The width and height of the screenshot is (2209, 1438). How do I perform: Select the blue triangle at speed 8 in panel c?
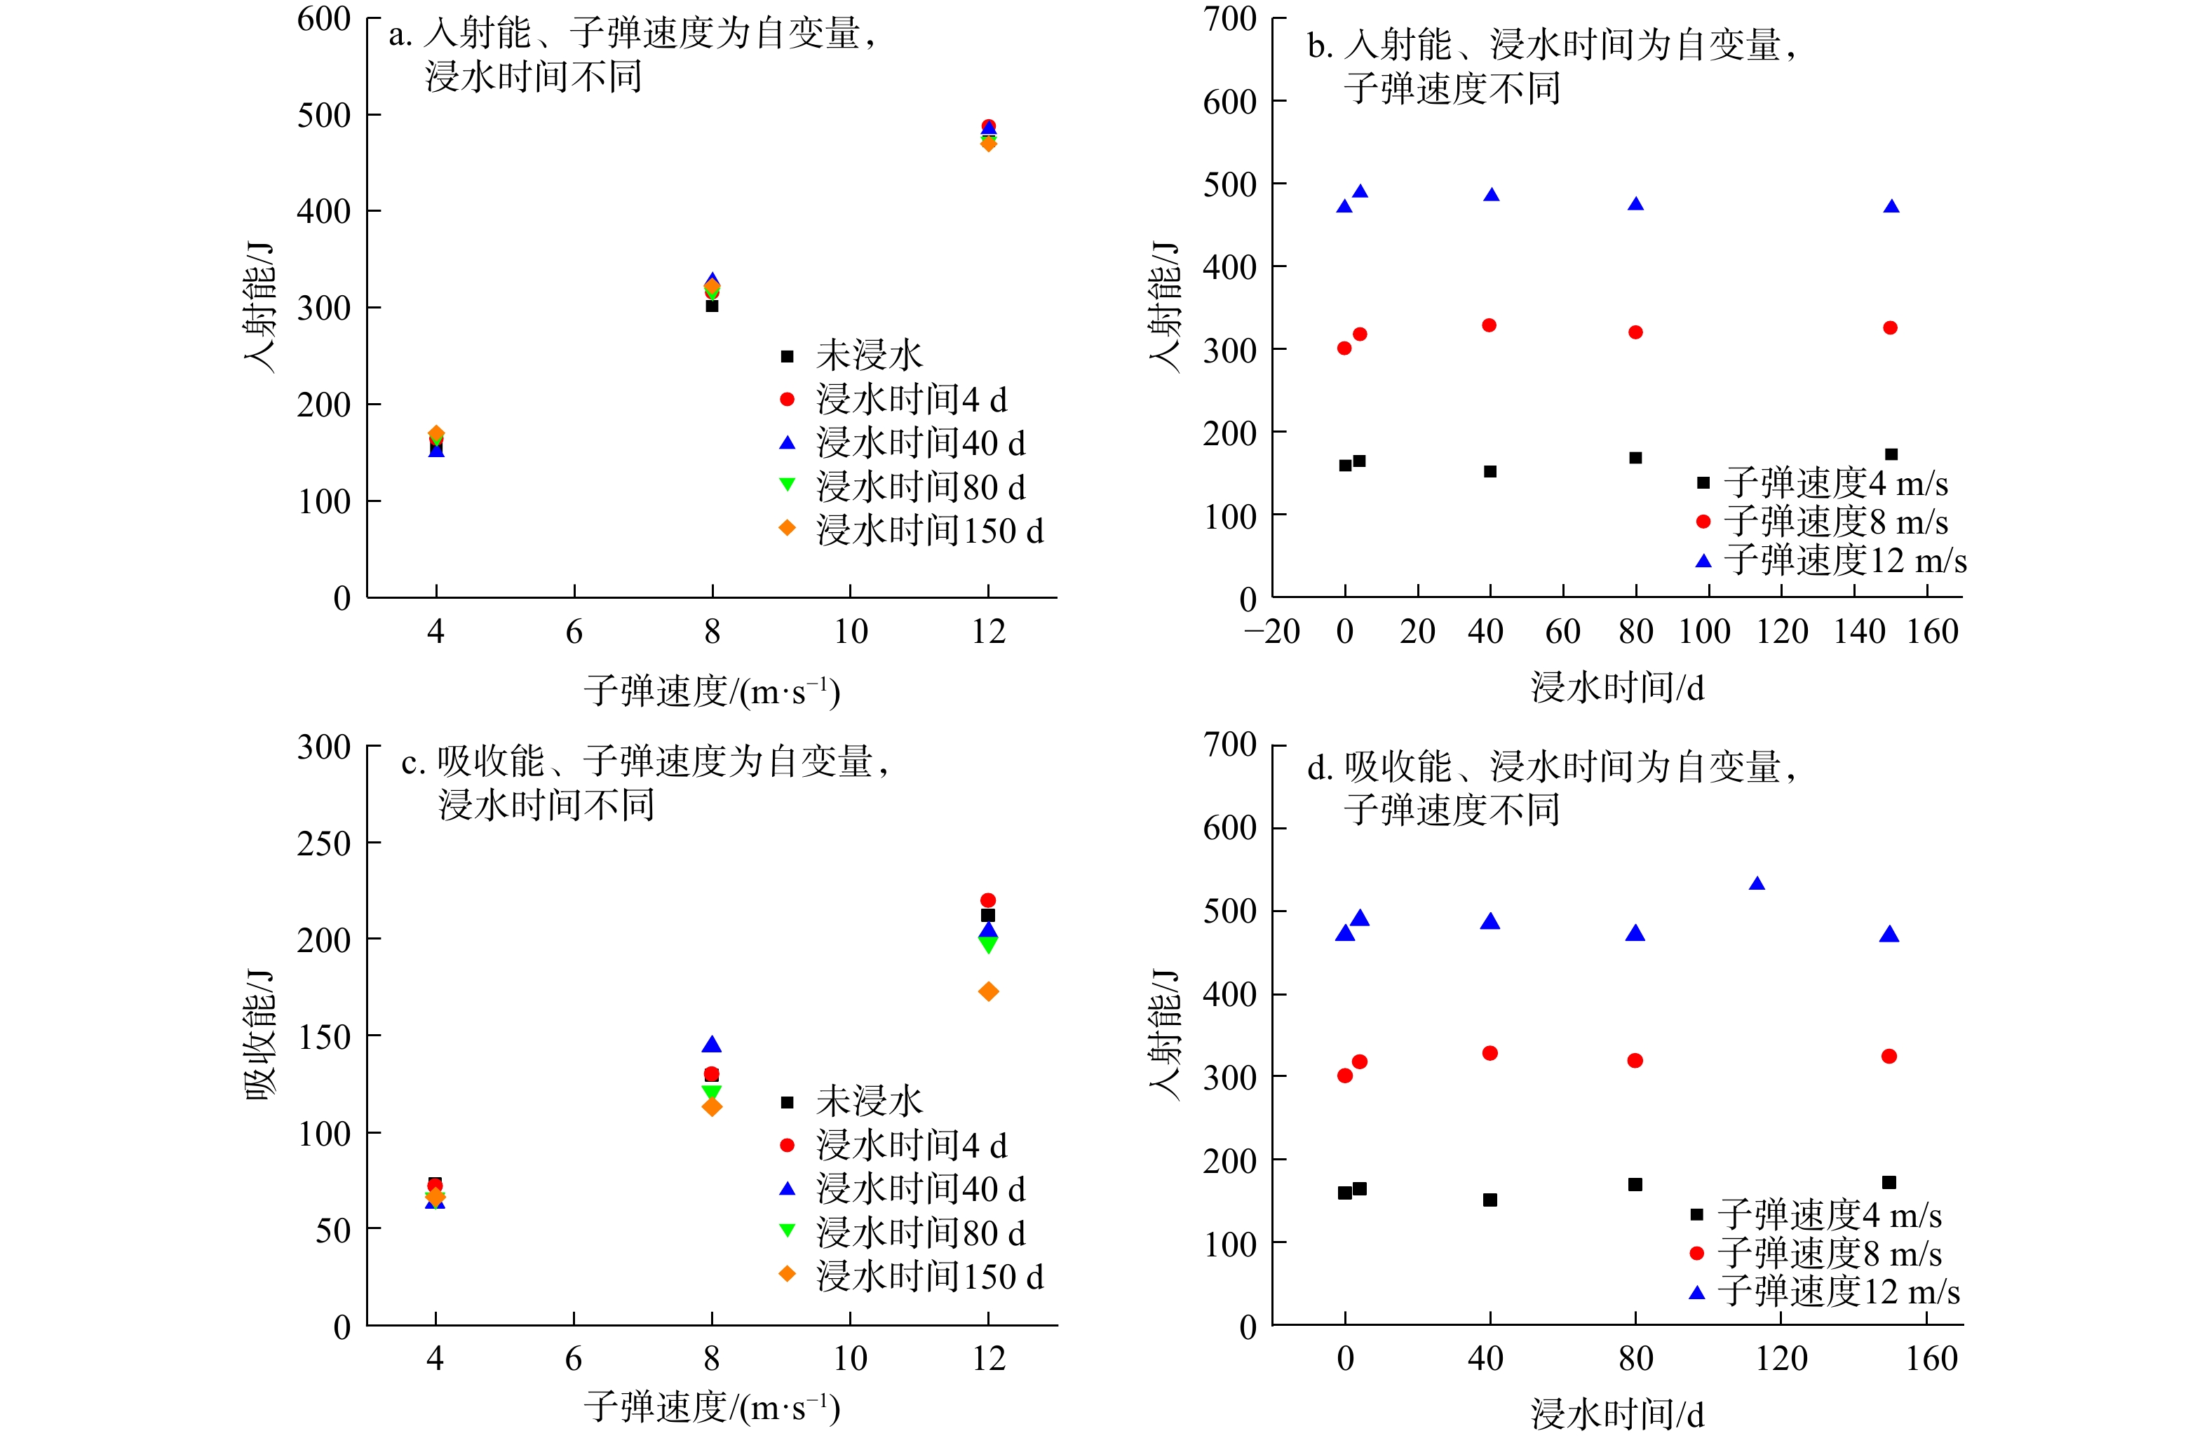[x=712, y=1045]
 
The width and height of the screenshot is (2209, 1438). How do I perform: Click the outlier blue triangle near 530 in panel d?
[x=1756, y=884]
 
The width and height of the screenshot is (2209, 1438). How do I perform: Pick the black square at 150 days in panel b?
[x=1891, y=454]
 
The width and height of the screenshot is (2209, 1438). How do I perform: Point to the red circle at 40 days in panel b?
[x=1489, y=325]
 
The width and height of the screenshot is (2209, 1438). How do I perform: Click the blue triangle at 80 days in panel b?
[x=1635, y=204]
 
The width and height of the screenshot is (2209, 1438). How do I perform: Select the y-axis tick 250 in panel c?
[x=323, y=843]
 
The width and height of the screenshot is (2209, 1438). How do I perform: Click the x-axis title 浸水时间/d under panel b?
[x=1617, y=688]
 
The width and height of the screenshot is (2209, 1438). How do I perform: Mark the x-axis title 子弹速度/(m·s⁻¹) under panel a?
[x=712, y=691]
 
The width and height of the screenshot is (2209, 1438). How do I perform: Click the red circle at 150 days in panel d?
[x=1889, y=1057]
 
